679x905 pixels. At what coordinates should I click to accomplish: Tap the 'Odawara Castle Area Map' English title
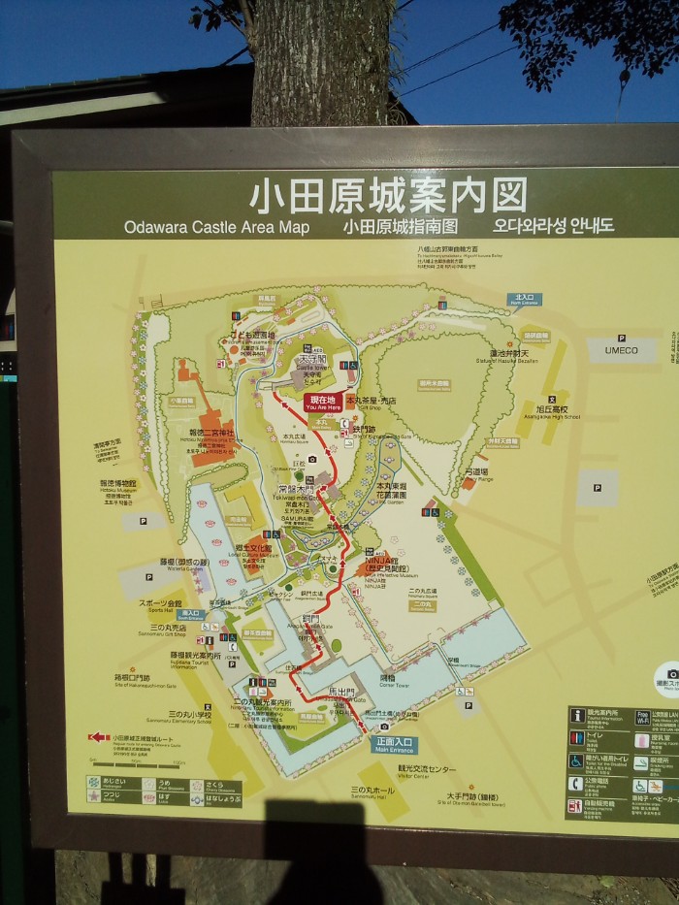click(x=216, y=227)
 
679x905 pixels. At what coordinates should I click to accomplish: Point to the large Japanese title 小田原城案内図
click(x=389, y=195)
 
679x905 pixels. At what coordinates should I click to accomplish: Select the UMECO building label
click(x=622, y=350)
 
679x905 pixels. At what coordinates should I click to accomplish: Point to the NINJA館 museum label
click(x=382, y=563)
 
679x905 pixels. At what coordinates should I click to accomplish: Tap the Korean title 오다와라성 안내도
click(x=554, y=226)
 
